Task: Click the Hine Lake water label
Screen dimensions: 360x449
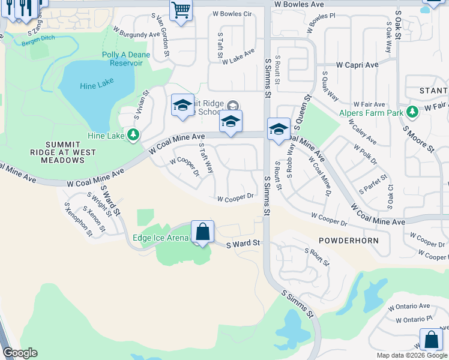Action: click(97, 85)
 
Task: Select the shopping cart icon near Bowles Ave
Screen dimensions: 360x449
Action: click(181, 10)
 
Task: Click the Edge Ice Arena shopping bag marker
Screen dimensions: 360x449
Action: click(203, 232)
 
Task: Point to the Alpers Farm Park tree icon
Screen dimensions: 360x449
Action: click(412, 112)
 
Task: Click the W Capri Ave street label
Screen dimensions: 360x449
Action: click(357, 64)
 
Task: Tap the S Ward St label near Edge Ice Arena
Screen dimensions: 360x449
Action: click(243, 244)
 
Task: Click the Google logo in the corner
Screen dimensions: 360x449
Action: click(20, 353)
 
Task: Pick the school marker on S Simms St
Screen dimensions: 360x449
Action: click(279, 129)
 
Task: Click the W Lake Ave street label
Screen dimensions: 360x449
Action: click(239, 58)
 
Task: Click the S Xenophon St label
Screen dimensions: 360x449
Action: click(75, 217)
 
